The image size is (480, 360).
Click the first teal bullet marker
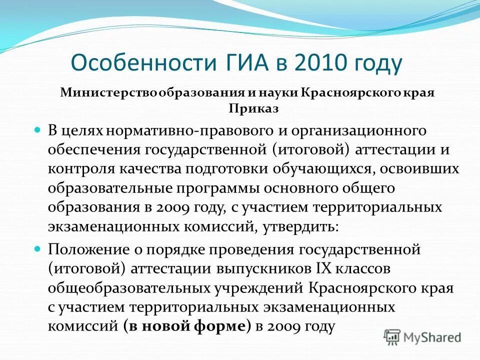coord(36,130)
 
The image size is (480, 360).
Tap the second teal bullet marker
coord(36,248)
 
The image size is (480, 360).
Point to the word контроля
coord(81,169)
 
